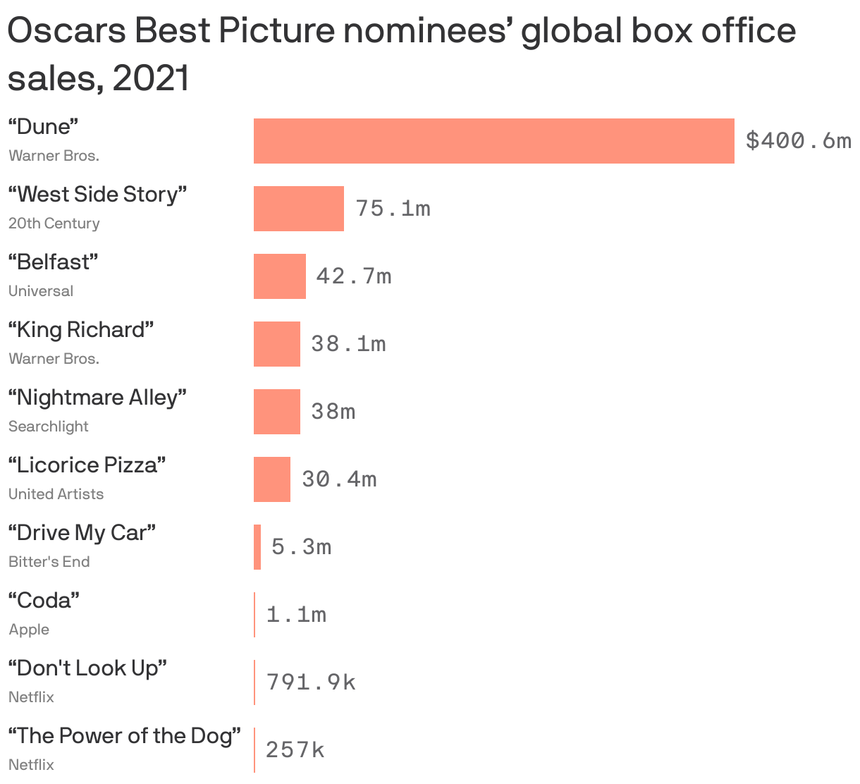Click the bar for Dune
(x=493, y=141)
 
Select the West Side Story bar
(x=299, y=209)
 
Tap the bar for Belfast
(x=280, y=276)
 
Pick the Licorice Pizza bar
(x=272, y=479)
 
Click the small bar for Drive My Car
(x=257, y=547)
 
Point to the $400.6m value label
(x=798, y=141)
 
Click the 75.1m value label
(x=393, y=209)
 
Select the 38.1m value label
(x=348, y=344)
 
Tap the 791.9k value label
(x=311, y=682)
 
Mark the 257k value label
(x=295, y=750)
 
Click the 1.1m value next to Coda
(x=296, y=615)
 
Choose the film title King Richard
(x=81, y=330)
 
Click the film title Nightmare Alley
(x=97, y=398)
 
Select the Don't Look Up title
(x=87, y=668)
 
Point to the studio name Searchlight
(x=49, y=427)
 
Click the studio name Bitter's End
(x=49, y=562)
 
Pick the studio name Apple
(x=29, y=630)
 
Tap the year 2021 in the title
(x=151, y=78)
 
